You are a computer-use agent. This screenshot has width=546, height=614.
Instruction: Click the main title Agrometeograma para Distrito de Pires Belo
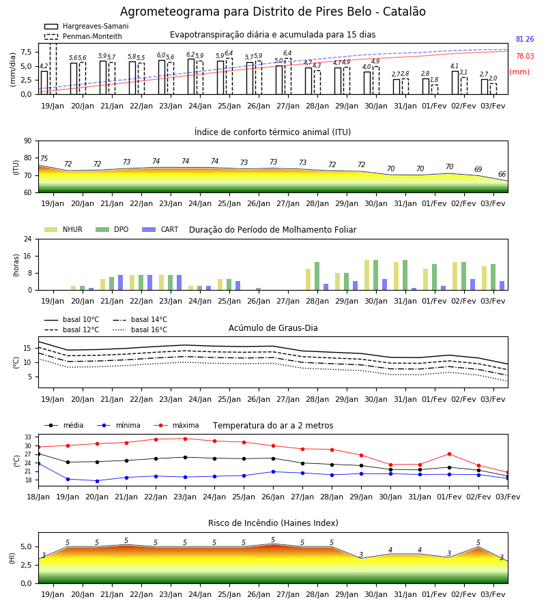(246, 12)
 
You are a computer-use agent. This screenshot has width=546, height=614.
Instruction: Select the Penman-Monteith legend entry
(83, 36)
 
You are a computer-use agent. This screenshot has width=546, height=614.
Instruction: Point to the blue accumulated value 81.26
(525, 39)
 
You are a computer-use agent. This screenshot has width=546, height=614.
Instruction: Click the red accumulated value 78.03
(525, 56)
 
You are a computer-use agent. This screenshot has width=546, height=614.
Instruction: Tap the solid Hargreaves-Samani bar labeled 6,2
(191, 76)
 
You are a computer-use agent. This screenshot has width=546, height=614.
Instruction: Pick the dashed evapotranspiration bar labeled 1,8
(435, 89)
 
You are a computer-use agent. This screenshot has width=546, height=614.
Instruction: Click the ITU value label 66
(502, 174)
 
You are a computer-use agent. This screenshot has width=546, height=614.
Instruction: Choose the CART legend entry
(160, 229)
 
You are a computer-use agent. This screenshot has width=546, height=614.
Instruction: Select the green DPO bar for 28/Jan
(317, 276)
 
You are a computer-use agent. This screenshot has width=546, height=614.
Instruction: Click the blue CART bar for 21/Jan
(120, 282)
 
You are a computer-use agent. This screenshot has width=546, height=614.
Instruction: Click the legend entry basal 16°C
(140, 330)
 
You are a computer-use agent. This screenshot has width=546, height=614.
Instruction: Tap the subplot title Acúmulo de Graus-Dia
(273, 327)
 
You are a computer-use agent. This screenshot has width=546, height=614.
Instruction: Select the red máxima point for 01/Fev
(449, 454)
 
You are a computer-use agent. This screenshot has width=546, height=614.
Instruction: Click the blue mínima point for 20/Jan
(97, 481)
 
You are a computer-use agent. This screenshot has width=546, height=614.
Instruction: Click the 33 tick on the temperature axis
(28, 437)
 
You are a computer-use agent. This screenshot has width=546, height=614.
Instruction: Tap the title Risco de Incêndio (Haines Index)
(273, 523)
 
